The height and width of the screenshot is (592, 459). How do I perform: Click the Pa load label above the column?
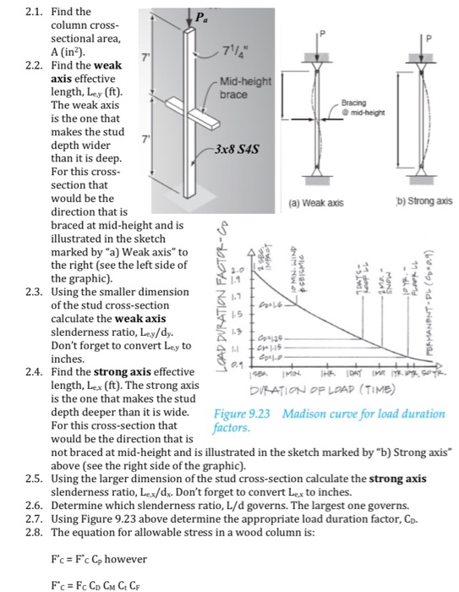(x=199, y=15)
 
